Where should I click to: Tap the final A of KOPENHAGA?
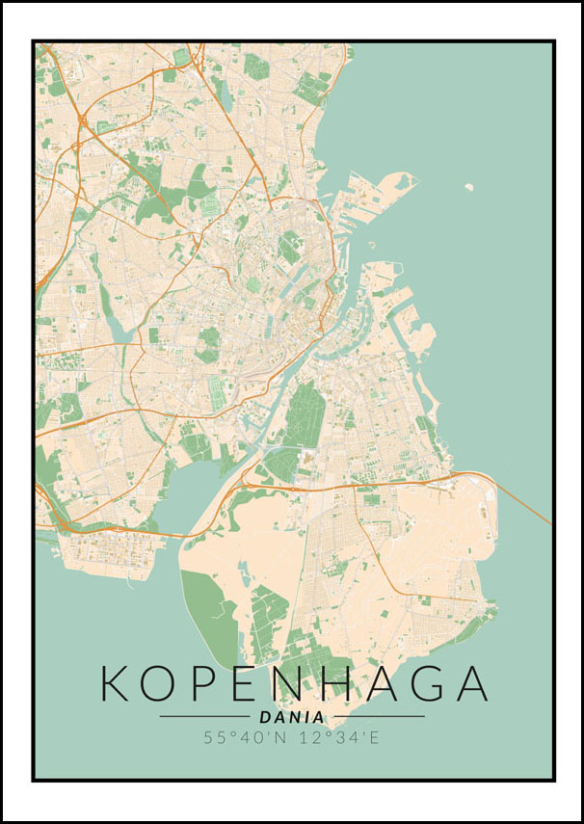468,683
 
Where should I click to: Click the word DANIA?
292,717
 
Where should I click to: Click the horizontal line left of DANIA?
204,717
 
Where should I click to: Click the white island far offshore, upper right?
468,187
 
